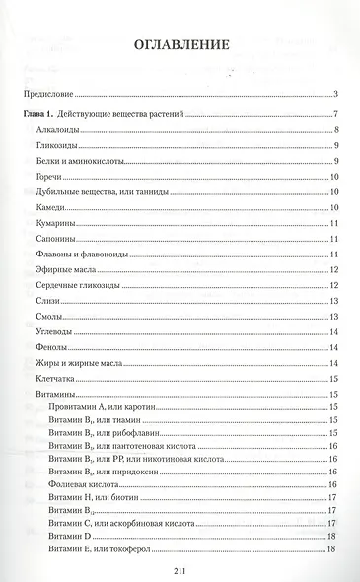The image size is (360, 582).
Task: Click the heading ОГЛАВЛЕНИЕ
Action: click(180, 45)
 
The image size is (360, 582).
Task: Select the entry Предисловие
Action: click(49, 95)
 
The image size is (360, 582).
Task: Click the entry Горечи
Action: click(46, 177)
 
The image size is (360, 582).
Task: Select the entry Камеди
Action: click(48, 207)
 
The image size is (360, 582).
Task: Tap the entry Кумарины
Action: click(52, 223)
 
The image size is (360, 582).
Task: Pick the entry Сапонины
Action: click(53, 239)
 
